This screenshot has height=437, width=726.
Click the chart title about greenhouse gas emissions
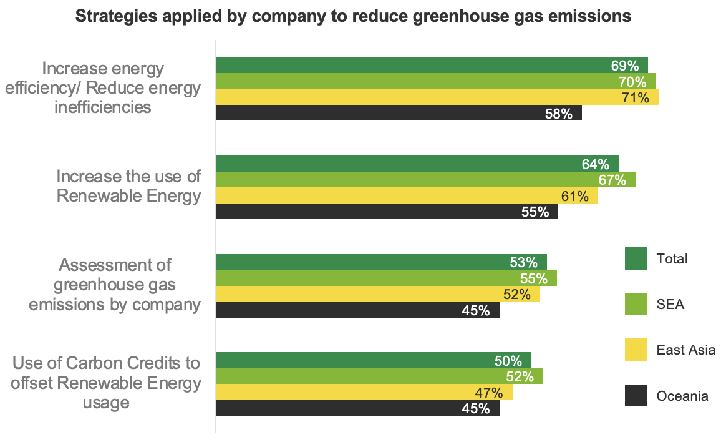pyautogui.click(x=353, y=16)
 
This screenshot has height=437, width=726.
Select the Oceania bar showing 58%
pyautogui.click(x=399, y=113)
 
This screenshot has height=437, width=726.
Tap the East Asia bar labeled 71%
pyautogui.click(x=438, y=97)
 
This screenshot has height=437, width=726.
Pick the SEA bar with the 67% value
pyautogui.click(x=426, y=180)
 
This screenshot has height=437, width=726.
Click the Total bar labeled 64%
pyautogui.click(x=418, y=164)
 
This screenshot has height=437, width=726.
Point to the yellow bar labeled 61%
pyautogui.click(x=407, y=195)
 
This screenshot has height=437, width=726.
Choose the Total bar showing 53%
pyautogui.click(x=382, y=262)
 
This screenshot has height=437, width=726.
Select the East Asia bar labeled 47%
pyautogui.click(x=364, y=392)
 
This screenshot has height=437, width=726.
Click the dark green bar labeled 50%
pyautogui.click(x=374, y=361)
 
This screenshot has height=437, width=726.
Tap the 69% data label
pyautogui.click(x=624, y=66)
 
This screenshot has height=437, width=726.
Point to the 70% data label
pyautogui.click(x=632, y=82)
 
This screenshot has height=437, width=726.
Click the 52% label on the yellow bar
pyautogui.click(x=516, y=294)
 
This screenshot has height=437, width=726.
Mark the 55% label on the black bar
pyautogui.click(x=535, y=212)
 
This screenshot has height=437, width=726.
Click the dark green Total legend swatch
pyautogui.click(x=636, y=258)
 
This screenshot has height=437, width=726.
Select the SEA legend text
pyautogui.click(x=670, y=304)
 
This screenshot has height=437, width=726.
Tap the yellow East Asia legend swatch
pyautogui.click(x=636, y=350)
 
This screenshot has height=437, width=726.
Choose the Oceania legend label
pyautogui.click(x=682, y=396)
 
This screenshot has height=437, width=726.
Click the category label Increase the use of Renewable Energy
pyautogui.click(x=128, y=186)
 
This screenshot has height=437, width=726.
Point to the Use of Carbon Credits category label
pyautogui.click(x=106, y=383)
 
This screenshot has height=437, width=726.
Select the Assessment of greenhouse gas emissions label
pyautogui.click(x=115, y=285)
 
